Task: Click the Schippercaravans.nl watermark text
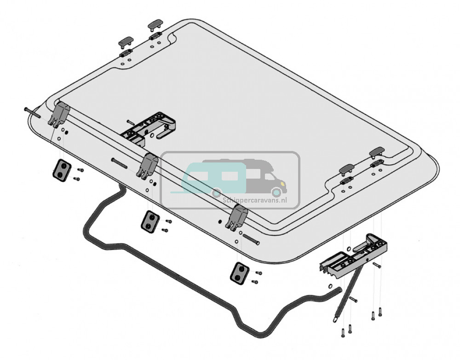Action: click(255, 200)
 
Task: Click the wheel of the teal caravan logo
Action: click(217, 193)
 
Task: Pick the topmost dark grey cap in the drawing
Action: click(156, 24)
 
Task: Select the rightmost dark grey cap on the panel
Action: click(377, 152)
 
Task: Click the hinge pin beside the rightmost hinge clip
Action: click(250, 238)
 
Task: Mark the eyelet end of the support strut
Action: click(335, 320)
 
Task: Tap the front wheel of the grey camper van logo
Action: click(276, 192)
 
